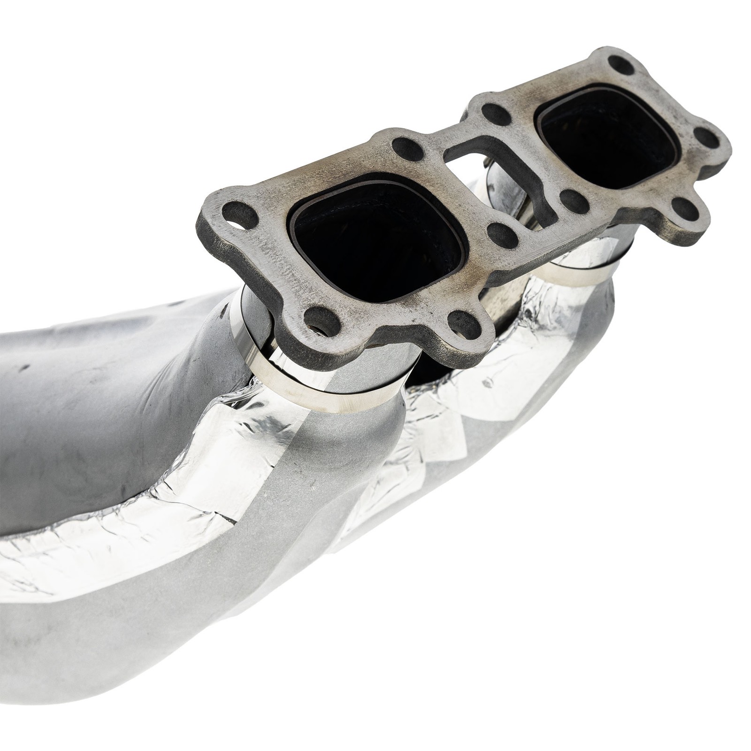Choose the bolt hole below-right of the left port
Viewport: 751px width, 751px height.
pos(463,324)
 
